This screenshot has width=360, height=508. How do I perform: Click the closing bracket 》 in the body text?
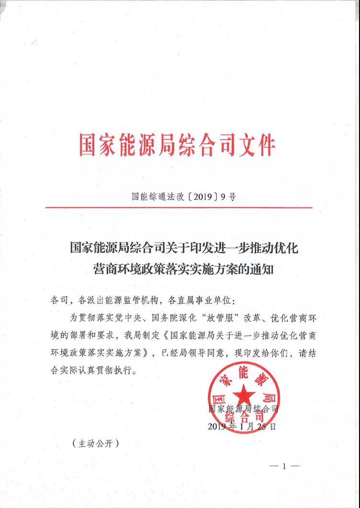(x=152, y=353)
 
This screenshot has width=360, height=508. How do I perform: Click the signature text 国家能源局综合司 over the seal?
(x=243, y=409)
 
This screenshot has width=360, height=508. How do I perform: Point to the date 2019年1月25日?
(x=242, y=426)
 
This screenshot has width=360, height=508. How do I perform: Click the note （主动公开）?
(x=96, y=444)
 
